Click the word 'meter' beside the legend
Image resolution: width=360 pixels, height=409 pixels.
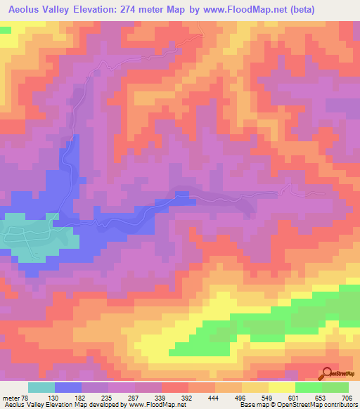[x=13, y=398]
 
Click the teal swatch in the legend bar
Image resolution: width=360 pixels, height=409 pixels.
[x=41, y=387]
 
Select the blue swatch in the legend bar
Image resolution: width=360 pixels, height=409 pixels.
[x=68, y=387]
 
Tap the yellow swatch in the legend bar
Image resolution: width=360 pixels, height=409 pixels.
[x=282, y=387]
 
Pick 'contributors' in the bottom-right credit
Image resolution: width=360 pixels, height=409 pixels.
[x=339, y=405]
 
